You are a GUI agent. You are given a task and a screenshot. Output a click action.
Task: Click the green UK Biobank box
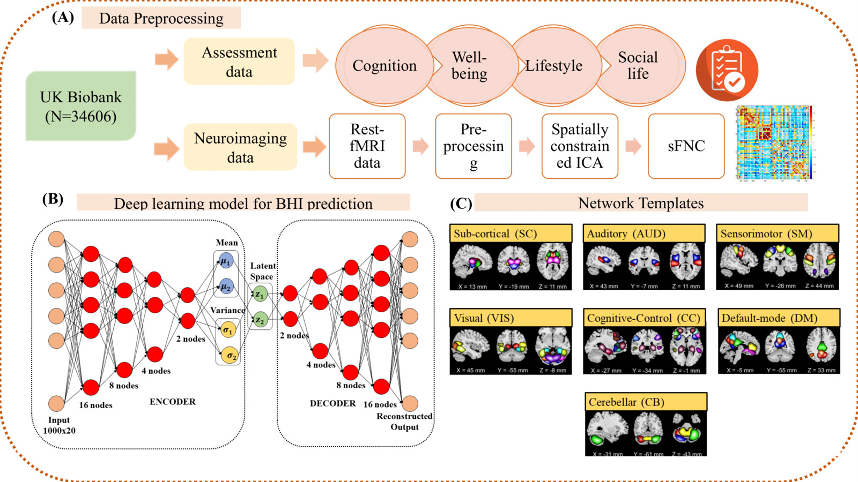(x=81, y=106)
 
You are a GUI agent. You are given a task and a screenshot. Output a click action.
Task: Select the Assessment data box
(x=239, y=62)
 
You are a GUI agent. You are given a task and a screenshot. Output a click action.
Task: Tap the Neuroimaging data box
(x=240, y=147)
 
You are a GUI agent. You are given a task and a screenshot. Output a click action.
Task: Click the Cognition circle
(x=384, y=66)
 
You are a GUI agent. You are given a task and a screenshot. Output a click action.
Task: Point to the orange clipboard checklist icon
(x=727, y=70)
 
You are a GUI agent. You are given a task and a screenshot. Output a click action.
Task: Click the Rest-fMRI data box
(x=367, y=146)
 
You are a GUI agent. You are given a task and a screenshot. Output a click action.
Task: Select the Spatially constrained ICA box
(x=580, y=146)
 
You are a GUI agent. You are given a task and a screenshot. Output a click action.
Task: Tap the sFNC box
(x=686, y=146)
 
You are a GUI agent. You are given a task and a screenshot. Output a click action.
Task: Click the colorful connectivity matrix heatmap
(x=774, y=142)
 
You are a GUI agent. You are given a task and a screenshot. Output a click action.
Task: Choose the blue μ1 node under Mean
(x=226, y=261)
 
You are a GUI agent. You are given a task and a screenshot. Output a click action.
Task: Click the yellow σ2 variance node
(x=231, y=355)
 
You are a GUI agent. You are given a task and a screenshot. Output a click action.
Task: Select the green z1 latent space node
(x=260, y=294)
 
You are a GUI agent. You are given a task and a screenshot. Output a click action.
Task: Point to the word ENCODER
(x=172, y=402)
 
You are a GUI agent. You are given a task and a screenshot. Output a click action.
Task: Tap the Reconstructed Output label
(x=404, y=421)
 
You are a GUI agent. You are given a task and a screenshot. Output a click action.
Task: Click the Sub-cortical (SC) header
(x=511, y=234)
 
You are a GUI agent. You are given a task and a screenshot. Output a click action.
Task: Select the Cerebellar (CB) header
(x=646, y=402)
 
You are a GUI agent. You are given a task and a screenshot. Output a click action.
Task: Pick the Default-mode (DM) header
(x=779, y=318)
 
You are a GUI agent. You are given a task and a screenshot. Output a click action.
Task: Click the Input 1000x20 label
(x=59, y=425)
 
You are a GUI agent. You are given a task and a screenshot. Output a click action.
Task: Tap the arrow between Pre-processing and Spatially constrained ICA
(x=527, y=146)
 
